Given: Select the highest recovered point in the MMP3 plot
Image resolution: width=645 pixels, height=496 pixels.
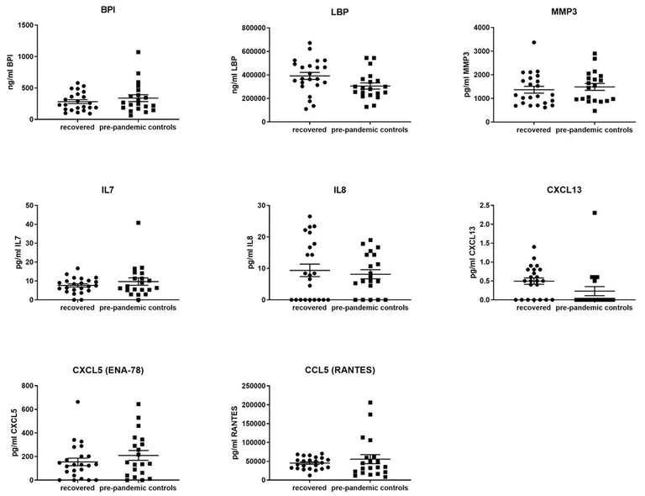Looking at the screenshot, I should click(x=532, y=42).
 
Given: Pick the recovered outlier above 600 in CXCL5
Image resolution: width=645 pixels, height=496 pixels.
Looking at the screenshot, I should click(x=77, y=402).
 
